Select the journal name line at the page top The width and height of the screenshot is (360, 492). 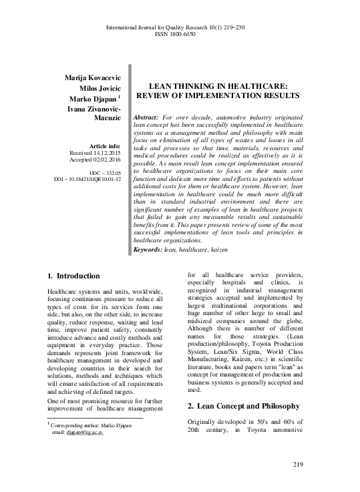pyautogui.click(x=180, y=26)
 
